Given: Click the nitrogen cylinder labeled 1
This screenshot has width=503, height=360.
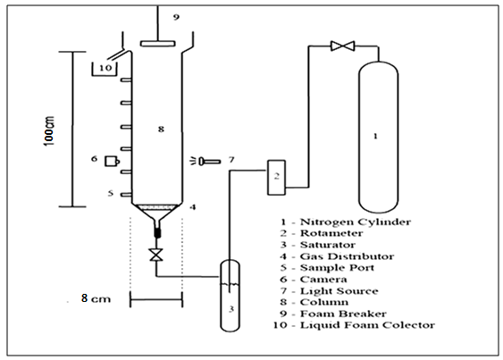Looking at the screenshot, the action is point(378,137).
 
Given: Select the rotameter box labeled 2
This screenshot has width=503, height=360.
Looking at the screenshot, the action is point(276,178).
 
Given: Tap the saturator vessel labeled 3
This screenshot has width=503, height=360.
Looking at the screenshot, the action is point(230,295).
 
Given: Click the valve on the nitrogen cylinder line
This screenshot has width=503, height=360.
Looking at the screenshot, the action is point(342,46).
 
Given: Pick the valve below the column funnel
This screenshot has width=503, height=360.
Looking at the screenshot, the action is point(156,255).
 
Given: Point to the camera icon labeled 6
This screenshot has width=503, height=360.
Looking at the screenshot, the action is point(112,161).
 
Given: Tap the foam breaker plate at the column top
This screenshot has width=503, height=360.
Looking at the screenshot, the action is point(158,43).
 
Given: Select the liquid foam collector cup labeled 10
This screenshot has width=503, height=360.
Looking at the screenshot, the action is point(105,70).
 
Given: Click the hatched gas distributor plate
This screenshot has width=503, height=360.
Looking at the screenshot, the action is point(157,207).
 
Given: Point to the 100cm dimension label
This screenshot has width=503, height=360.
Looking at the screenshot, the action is point(49,131).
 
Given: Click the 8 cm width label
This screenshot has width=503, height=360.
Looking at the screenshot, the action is point(96,298).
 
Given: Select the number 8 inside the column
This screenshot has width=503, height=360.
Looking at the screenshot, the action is point(161,129).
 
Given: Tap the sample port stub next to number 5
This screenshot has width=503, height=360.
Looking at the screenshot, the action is point(126,195).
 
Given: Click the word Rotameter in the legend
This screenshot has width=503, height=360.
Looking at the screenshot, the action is point(331,233).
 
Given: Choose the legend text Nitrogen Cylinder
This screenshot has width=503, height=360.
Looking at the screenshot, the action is point(356,222).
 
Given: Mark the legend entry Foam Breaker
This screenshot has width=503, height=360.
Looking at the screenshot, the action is point(343,314).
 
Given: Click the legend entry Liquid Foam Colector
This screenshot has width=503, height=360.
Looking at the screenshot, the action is point(367,325).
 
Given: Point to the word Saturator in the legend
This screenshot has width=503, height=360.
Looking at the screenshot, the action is point(328,245).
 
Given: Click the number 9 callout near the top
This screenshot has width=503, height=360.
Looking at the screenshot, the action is point(176,17).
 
